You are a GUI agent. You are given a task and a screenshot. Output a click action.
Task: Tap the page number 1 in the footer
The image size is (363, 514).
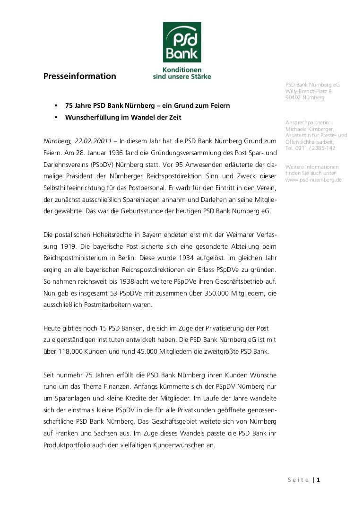point(319,480)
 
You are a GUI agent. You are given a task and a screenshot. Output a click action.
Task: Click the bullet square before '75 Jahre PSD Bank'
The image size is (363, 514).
point(55,105)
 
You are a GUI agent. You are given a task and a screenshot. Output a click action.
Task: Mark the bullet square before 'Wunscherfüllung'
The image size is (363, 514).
point(55,116)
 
